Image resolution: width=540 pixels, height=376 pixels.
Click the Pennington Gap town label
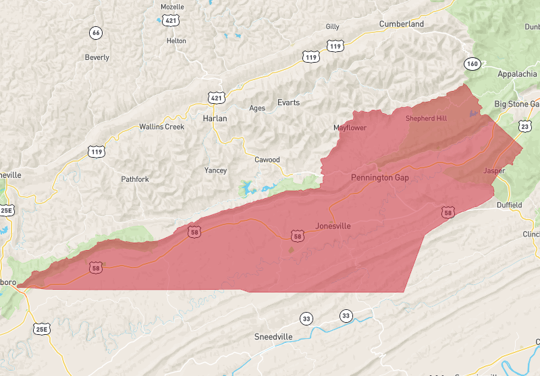379,177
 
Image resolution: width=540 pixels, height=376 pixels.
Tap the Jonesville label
333,226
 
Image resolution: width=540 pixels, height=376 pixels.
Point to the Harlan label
215,118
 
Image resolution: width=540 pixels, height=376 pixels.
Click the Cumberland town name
401,24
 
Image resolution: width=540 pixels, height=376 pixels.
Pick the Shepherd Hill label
426,118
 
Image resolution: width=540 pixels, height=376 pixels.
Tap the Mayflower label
350,128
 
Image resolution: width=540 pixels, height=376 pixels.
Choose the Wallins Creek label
161,127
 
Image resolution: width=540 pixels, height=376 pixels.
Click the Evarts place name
288,102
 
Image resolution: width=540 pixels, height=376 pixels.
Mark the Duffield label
509,205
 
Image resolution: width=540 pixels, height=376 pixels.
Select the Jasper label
494,171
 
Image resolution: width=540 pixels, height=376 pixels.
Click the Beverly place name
97,58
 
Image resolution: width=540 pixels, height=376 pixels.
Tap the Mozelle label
172,7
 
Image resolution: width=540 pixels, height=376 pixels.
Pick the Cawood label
267,160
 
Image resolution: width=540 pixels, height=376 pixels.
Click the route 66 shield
96,32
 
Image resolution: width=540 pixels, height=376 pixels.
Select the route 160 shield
472,63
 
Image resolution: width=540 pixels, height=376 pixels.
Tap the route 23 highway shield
525,126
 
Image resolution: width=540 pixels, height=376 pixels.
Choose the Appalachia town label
516,74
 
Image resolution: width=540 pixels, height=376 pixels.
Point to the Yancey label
215,170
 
